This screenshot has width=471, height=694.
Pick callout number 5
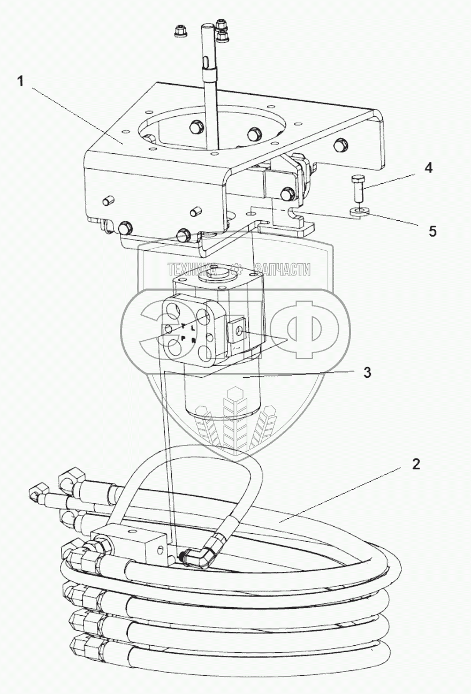(432, 231)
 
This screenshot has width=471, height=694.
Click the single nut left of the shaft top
(179, 33)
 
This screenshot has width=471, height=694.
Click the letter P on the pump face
(183, 338)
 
